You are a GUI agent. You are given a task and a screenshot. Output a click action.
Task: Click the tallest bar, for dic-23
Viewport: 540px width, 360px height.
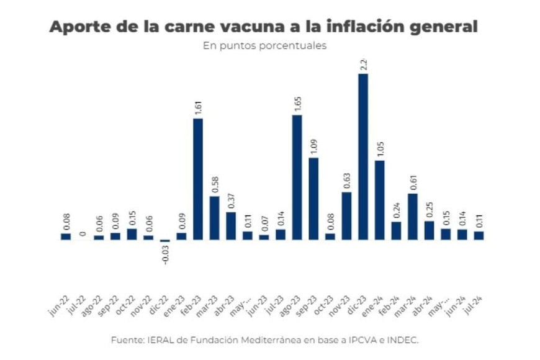pos(363,156)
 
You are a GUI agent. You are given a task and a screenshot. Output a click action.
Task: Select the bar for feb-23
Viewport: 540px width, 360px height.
pos(198,179)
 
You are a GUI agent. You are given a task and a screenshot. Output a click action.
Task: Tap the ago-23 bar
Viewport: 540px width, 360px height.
pos(297,177)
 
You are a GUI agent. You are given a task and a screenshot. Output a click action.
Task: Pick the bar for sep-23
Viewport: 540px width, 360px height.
pos(313,199)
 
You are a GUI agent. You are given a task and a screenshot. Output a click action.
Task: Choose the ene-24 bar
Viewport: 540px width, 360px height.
pos(380,200)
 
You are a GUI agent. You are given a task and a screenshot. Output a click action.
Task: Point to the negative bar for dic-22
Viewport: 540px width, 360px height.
pos(165,241)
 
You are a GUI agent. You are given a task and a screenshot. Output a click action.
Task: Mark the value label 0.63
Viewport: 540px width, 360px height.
pos(347,179)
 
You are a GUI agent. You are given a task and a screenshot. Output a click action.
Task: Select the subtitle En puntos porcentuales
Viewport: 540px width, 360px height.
pos(264,46)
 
